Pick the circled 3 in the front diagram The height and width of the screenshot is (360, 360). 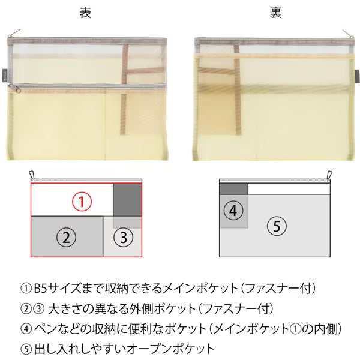point(122,236)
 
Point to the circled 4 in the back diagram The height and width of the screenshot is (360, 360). point(234,211)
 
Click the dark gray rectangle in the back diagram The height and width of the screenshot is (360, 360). point(233,188)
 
